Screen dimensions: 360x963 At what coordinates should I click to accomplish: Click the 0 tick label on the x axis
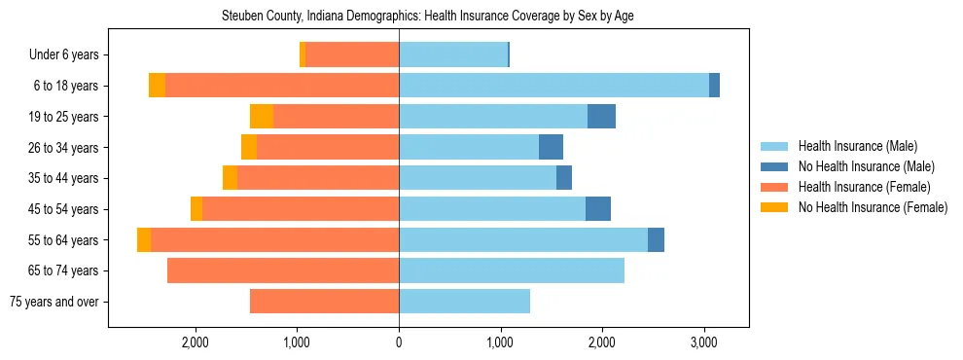[399, 342]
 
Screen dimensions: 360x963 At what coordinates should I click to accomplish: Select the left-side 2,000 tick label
[196, 342]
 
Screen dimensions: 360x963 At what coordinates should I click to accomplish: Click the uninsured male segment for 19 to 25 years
[601, 117]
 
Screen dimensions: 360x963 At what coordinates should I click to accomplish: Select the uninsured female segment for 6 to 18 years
[157, 86]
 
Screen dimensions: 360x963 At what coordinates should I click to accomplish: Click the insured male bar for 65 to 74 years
[512, 270]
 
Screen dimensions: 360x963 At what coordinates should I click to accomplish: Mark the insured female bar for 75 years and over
[324, 302]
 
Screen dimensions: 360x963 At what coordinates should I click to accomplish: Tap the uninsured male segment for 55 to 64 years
[656, 239]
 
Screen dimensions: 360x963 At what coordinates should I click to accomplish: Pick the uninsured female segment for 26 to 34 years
[249, 147]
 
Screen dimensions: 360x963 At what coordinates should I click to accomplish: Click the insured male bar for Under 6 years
[453, 54]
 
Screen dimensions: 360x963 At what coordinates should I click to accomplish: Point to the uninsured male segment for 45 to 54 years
[598, 209]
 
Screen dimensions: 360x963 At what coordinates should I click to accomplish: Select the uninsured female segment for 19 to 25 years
[262, 117]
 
